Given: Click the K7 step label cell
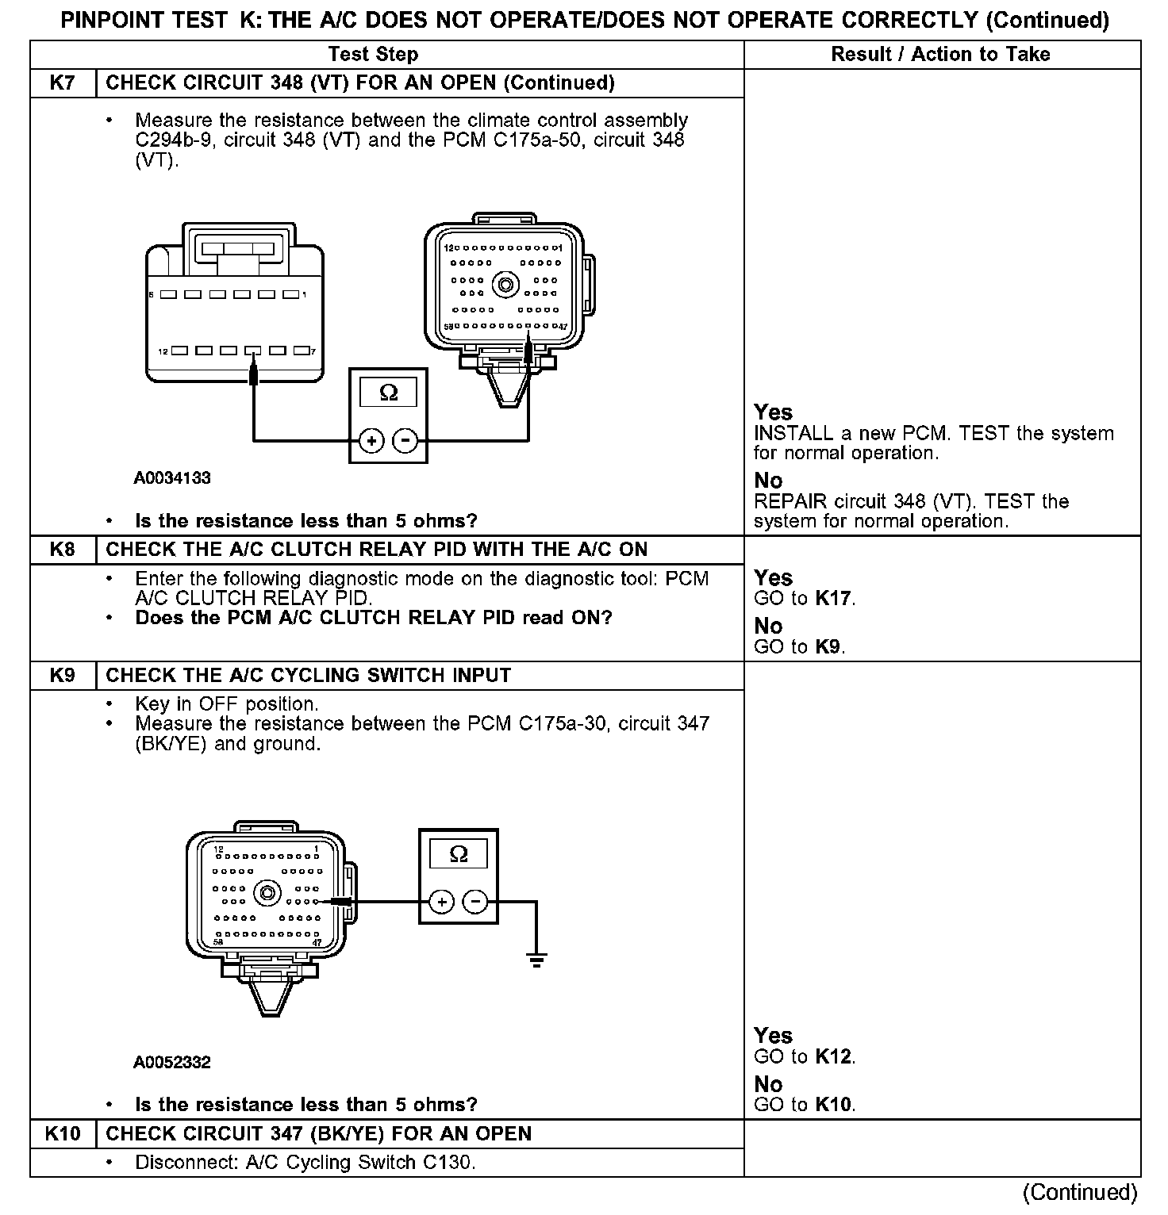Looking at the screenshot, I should pos(63,83).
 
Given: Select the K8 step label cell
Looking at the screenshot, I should pos(63,550).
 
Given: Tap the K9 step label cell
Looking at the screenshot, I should pos(63,676).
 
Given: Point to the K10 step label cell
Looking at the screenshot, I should pos(63,1134).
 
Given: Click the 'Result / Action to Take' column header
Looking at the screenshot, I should pos(940,54).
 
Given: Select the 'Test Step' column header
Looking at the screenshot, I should pos(373,54).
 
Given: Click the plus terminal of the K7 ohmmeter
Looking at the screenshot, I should pos(371,440).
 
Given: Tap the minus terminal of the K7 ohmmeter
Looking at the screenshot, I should pos(405,440).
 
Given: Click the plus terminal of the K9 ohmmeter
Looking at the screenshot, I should pos(441,902).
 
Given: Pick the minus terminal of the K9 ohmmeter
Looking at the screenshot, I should pos(474,902).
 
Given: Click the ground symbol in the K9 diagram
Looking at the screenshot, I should pos(536,960).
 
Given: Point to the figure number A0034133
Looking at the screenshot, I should pos(171,478).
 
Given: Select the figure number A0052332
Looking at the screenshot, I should pos(171,1063).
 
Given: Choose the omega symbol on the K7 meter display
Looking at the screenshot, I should pos(389,393).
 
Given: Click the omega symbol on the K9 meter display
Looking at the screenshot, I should pos(459,854).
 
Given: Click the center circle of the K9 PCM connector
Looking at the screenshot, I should pos(267,893).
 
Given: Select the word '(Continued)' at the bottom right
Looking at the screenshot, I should pos(1079,1192).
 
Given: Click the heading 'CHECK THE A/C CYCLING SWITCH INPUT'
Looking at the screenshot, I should pos(308,676).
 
